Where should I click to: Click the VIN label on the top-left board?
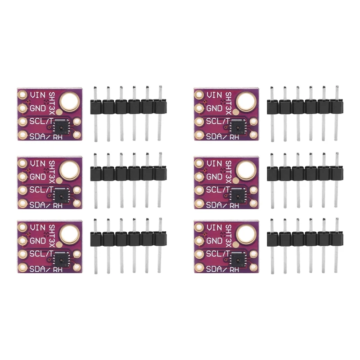(37, 95)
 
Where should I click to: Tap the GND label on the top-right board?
(214, 108)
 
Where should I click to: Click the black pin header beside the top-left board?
(127, 107)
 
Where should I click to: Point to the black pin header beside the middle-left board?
(127, 174)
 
